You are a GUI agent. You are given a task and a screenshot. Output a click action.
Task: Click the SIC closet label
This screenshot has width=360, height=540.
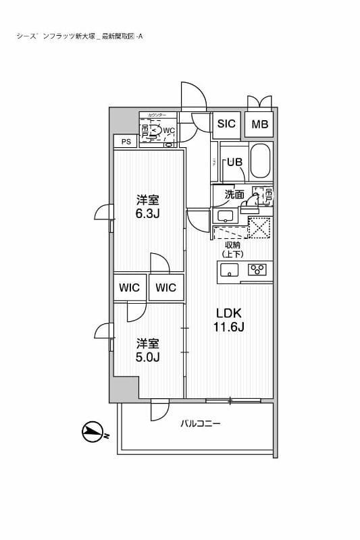pyautogui.click(x=226, y=124)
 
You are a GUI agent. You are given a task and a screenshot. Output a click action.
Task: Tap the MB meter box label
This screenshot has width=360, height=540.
pyautogui.click(x=259, y=124)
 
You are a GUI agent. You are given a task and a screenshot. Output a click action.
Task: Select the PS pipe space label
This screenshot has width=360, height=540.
pyautogui.click(x=126, y=141)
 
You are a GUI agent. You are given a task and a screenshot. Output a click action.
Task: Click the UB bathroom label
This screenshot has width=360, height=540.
pyautogui.click(x=234, y=162)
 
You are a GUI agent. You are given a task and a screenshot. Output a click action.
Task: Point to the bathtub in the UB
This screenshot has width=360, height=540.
pyautogui.click(x=261, y=163)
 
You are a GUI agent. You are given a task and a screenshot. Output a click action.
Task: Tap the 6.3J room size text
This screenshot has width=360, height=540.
pyautogui.click(x=148, y=215)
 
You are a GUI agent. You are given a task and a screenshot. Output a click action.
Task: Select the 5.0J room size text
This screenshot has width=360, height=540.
pyautogui.click(x=147, y=357)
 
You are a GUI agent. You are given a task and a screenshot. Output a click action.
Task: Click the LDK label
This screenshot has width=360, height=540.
pyautogui.click(x=229, y=313)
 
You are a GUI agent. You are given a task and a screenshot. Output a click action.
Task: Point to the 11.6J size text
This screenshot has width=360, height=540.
pyautogui.click(x=229, y=328)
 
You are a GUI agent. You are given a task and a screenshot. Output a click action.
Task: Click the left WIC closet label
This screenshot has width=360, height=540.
pyautogui.click(x=130, y=288)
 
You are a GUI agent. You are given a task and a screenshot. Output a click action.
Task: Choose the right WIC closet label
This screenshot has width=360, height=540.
pyautogui.click(x=166, y=288)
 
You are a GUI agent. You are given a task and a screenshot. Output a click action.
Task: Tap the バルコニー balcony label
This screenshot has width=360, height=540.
pyautogui.click(x=201, y=424)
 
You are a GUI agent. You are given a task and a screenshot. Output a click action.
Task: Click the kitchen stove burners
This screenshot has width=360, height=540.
pyautogui.click(x=257, y=271)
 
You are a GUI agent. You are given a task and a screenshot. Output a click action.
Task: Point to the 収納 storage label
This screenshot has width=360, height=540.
pyautogui.click(x=232, y=244)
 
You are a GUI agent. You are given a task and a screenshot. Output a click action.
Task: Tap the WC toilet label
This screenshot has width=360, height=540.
pyautogui.click(x=169, y=130)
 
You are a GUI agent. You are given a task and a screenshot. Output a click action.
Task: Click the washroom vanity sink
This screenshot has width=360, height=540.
pyautogui.click(x=225, y=216)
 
